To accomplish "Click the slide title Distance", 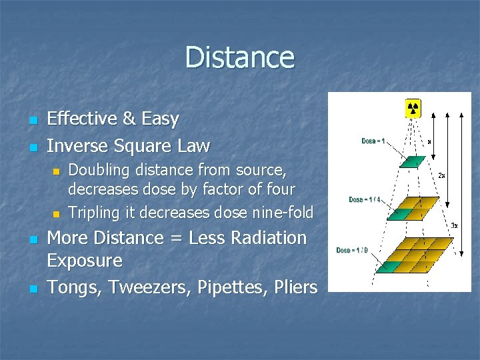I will tap(239, 57).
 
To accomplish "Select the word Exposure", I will tap(85, 261).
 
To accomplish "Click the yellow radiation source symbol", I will tap(413, 107).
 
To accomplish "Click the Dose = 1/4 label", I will tap(365, 199).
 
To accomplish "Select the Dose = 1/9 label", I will tap(351, 250).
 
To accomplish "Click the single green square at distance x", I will tap(412, 162).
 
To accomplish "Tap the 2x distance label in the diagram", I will tap(442, 175).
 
